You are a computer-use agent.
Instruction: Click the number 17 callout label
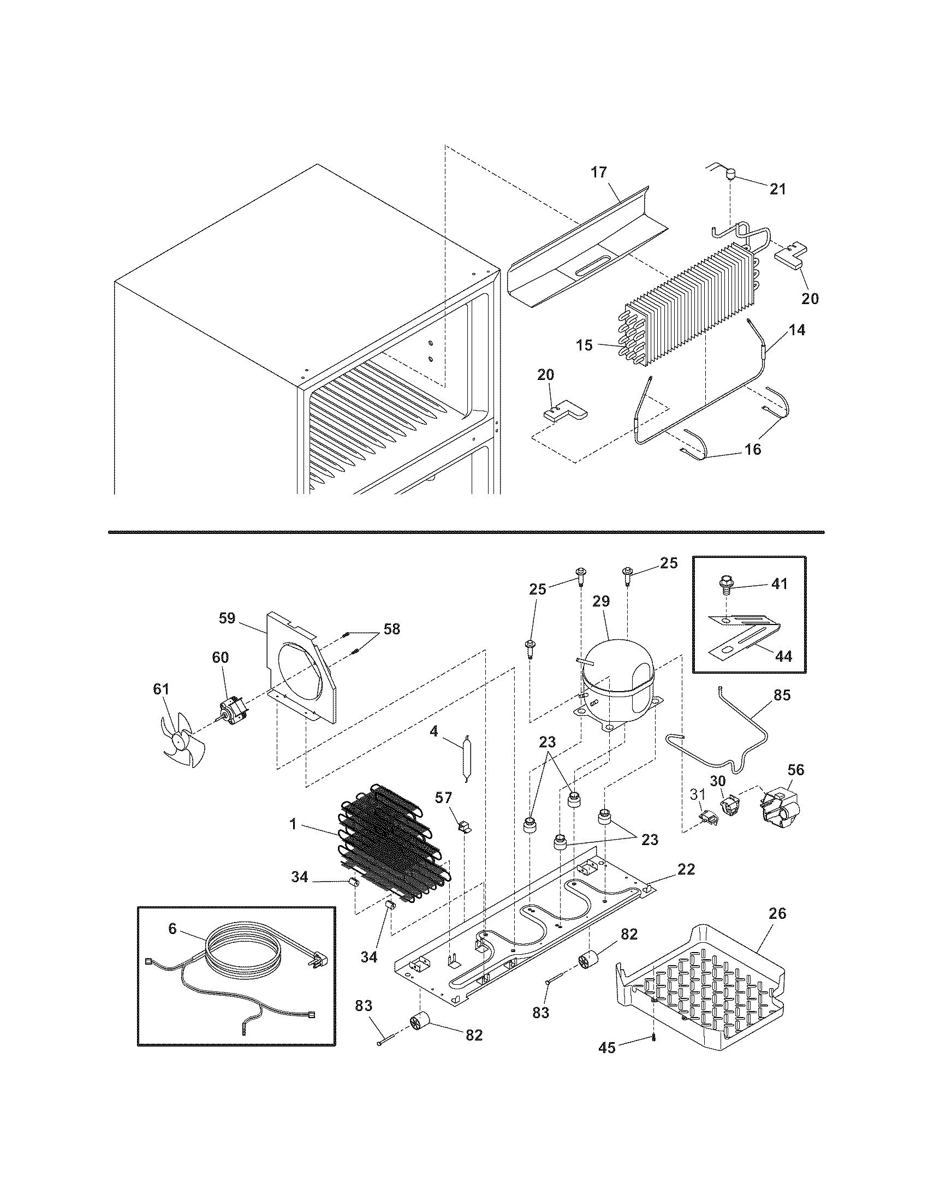coord(599,172)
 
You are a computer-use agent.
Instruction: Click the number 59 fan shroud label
coord(227,618)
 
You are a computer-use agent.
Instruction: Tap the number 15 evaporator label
coord(585,346)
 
